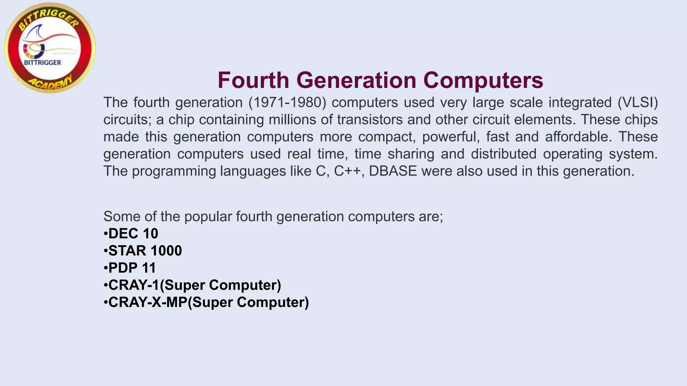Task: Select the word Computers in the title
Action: click(483, 80)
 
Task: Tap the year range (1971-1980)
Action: click(287, 103)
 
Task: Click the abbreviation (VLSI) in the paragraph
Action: click(638, 103)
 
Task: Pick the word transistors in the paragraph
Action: click(370, 120)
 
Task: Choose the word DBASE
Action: click(393, 171)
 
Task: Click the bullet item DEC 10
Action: click(133, 234)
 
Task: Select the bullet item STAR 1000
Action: click(145, 251)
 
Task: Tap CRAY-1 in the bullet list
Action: click(134, 285)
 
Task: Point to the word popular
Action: click(208, 216)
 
